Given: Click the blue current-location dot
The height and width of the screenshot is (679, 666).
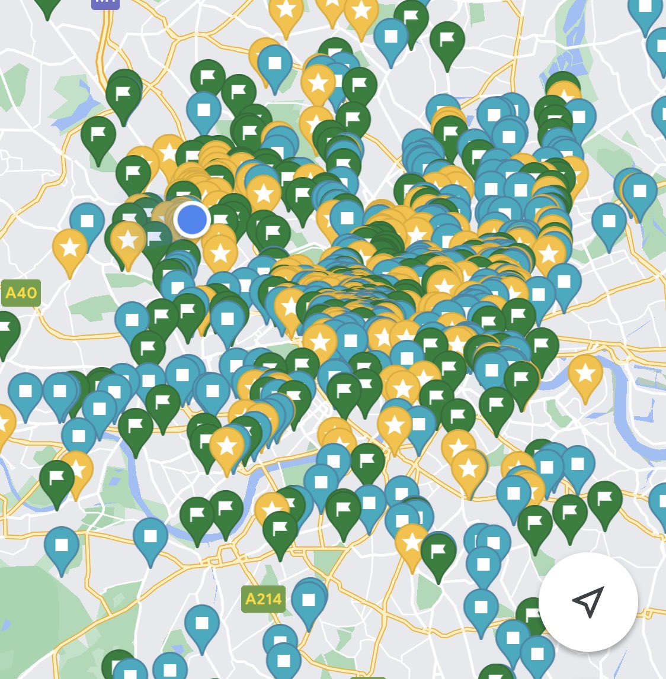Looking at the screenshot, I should click(x=192, y=219).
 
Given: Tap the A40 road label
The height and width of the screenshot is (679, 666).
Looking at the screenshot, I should click(x=21, y=293).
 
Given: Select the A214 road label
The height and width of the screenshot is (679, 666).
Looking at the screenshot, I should click(x=263, y=599).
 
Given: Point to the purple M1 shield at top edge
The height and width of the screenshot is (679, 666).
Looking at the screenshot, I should click(x=105, y=4).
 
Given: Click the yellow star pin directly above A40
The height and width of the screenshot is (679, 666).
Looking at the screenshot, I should click(x=70, y=248).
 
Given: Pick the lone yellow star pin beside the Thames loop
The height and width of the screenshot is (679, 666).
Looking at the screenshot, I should click(x=585, y=374).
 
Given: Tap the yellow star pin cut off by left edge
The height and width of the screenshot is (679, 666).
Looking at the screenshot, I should click(x=4, y=423).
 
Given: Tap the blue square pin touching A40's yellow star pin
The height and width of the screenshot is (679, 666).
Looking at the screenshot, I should click(x=87, y=221).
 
